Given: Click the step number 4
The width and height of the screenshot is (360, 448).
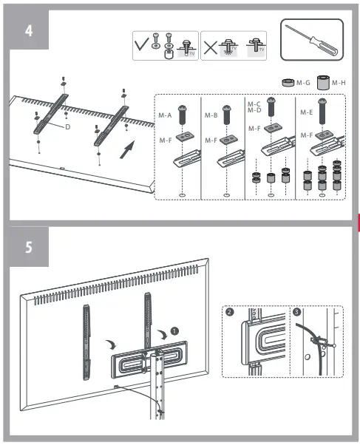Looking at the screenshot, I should [28, 31].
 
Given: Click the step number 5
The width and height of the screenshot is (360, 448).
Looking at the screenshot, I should [28, 247].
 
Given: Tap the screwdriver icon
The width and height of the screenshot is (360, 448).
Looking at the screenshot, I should [311, 42].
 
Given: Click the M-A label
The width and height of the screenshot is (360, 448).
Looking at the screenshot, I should [165, 114].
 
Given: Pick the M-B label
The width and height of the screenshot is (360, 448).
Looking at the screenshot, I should [210, 114].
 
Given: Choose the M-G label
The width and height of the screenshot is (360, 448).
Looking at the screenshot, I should [303, 83].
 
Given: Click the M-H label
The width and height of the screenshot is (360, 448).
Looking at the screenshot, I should [338, 83].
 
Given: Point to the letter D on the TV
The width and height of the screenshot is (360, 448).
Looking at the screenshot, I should [67, 127].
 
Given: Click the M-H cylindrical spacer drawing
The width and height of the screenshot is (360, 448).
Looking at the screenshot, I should [322, 82].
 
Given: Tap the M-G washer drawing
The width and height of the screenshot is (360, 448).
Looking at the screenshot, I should [288, 83].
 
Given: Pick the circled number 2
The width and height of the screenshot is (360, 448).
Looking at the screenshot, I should [231, 313].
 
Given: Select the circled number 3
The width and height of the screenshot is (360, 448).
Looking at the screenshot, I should [297, 313].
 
